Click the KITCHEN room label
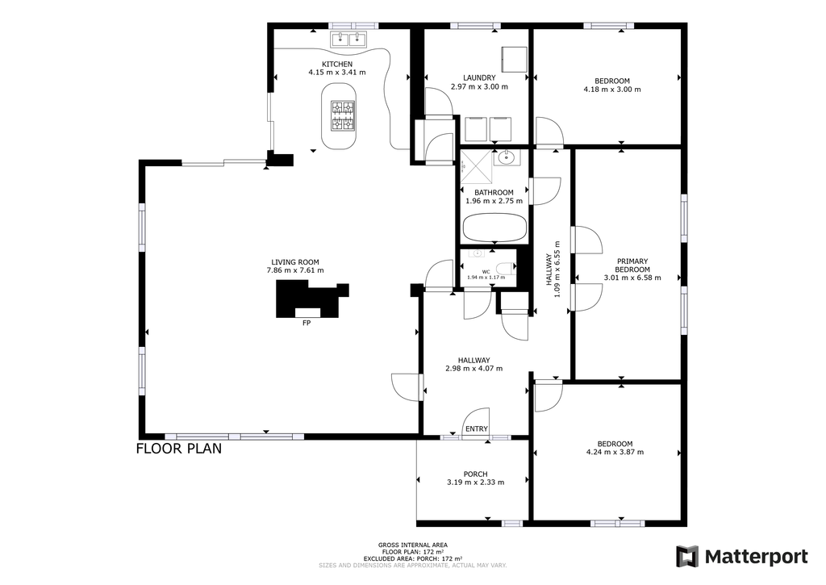click(337, 65)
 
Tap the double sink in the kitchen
click(348, 39)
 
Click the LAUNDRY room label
click(479, 78)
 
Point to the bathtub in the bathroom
click(494, 228)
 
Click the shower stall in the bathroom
click(476, 166)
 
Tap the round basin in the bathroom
click(507, 157)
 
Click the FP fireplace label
click(307, 323)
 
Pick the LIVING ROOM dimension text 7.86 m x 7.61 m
click(295, 270)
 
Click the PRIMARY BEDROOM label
click(632, 265)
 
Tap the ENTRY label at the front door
click(477, 429)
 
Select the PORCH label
click(476, 474)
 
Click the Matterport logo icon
click(687, 557)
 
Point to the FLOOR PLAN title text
click(179, 449)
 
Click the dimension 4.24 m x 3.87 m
click(615, 452)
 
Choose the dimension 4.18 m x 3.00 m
click(612, 90)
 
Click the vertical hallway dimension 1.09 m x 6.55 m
click(557, 270)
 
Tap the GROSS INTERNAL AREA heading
click(413, 545)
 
